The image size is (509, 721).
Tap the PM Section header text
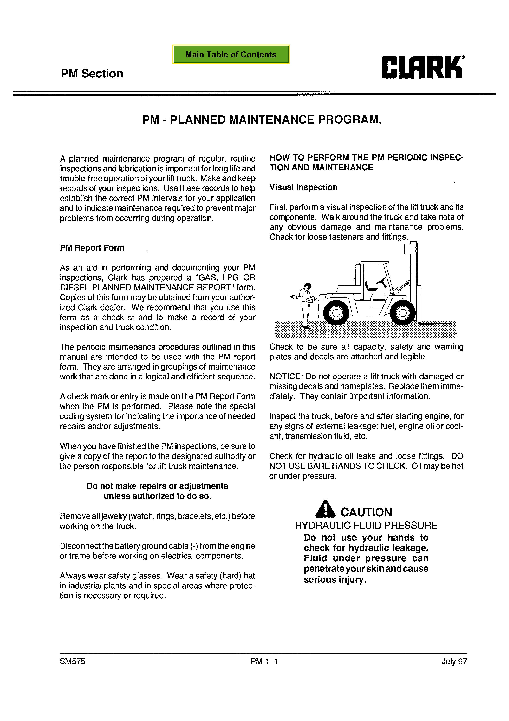92,74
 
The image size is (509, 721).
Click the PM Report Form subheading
92,248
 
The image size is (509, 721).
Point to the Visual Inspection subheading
303,187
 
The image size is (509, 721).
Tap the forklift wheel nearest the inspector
336,313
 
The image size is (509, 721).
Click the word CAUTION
366,512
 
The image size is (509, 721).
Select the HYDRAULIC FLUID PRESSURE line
366,525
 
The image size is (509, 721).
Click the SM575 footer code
72,661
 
